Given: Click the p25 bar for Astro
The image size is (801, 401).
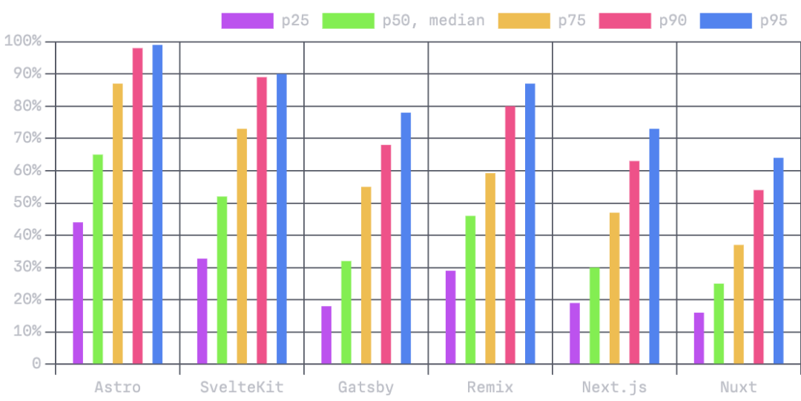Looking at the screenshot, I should point(78,293).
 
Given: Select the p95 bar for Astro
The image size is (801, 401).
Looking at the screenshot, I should point(157,204).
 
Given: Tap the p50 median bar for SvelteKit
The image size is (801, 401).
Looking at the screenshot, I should point(222,280).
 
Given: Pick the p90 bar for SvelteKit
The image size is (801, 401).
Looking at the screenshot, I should point(262,220).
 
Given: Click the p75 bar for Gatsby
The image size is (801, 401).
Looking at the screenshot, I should point(366,275).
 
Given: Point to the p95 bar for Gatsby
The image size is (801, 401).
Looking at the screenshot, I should point(406,238).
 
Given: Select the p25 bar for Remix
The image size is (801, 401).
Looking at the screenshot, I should point(449,317).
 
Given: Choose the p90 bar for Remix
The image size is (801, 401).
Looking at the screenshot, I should point(510,235).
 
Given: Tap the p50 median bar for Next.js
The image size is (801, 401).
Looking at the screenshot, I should point(594,316).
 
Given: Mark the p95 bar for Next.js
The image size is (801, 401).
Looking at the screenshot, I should point(654,246).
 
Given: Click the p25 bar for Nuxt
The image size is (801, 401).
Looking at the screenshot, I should point(698,338).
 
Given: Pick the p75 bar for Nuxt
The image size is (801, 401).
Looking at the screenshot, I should point(738,304).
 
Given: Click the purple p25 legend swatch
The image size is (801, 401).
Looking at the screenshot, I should point(247,21).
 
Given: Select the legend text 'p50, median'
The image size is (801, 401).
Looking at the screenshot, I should point(433,21).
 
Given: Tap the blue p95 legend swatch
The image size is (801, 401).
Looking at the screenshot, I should point(725,21).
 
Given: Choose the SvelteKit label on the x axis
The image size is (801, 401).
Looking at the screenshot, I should point(241,387).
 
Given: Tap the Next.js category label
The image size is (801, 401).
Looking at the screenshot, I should point(613,387).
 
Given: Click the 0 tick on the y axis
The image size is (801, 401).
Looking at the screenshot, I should point(36,364).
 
